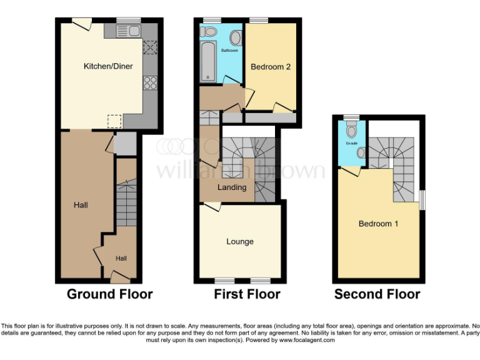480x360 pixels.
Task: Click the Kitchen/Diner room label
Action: click(108, 66)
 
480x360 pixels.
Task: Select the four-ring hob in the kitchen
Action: click(150, 82)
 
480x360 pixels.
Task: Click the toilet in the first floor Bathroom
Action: click(211, 31)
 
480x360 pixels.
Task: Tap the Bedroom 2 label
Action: click(271, 67)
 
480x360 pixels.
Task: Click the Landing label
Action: click(231, 187)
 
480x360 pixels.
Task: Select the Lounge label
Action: click(240, 242)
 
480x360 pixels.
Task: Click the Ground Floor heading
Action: click(109, 294)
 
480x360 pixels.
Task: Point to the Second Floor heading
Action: click(377, 294)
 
